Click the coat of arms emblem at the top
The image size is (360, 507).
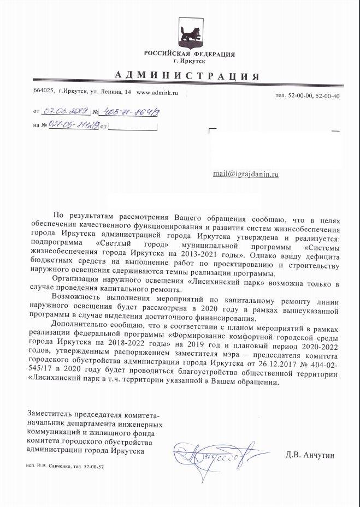coord(190,34)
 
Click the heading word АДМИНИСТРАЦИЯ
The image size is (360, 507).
coord(187,75)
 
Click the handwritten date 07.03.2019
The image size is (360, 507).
coord(66,111)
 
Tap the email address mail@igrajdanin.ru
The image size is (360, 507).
coord(246,174)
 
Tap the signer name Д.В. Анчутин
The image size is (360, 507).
coord(309,455)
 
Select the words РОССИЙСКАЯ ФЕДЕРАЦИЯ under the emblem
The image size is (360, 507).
coord(190,54)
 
